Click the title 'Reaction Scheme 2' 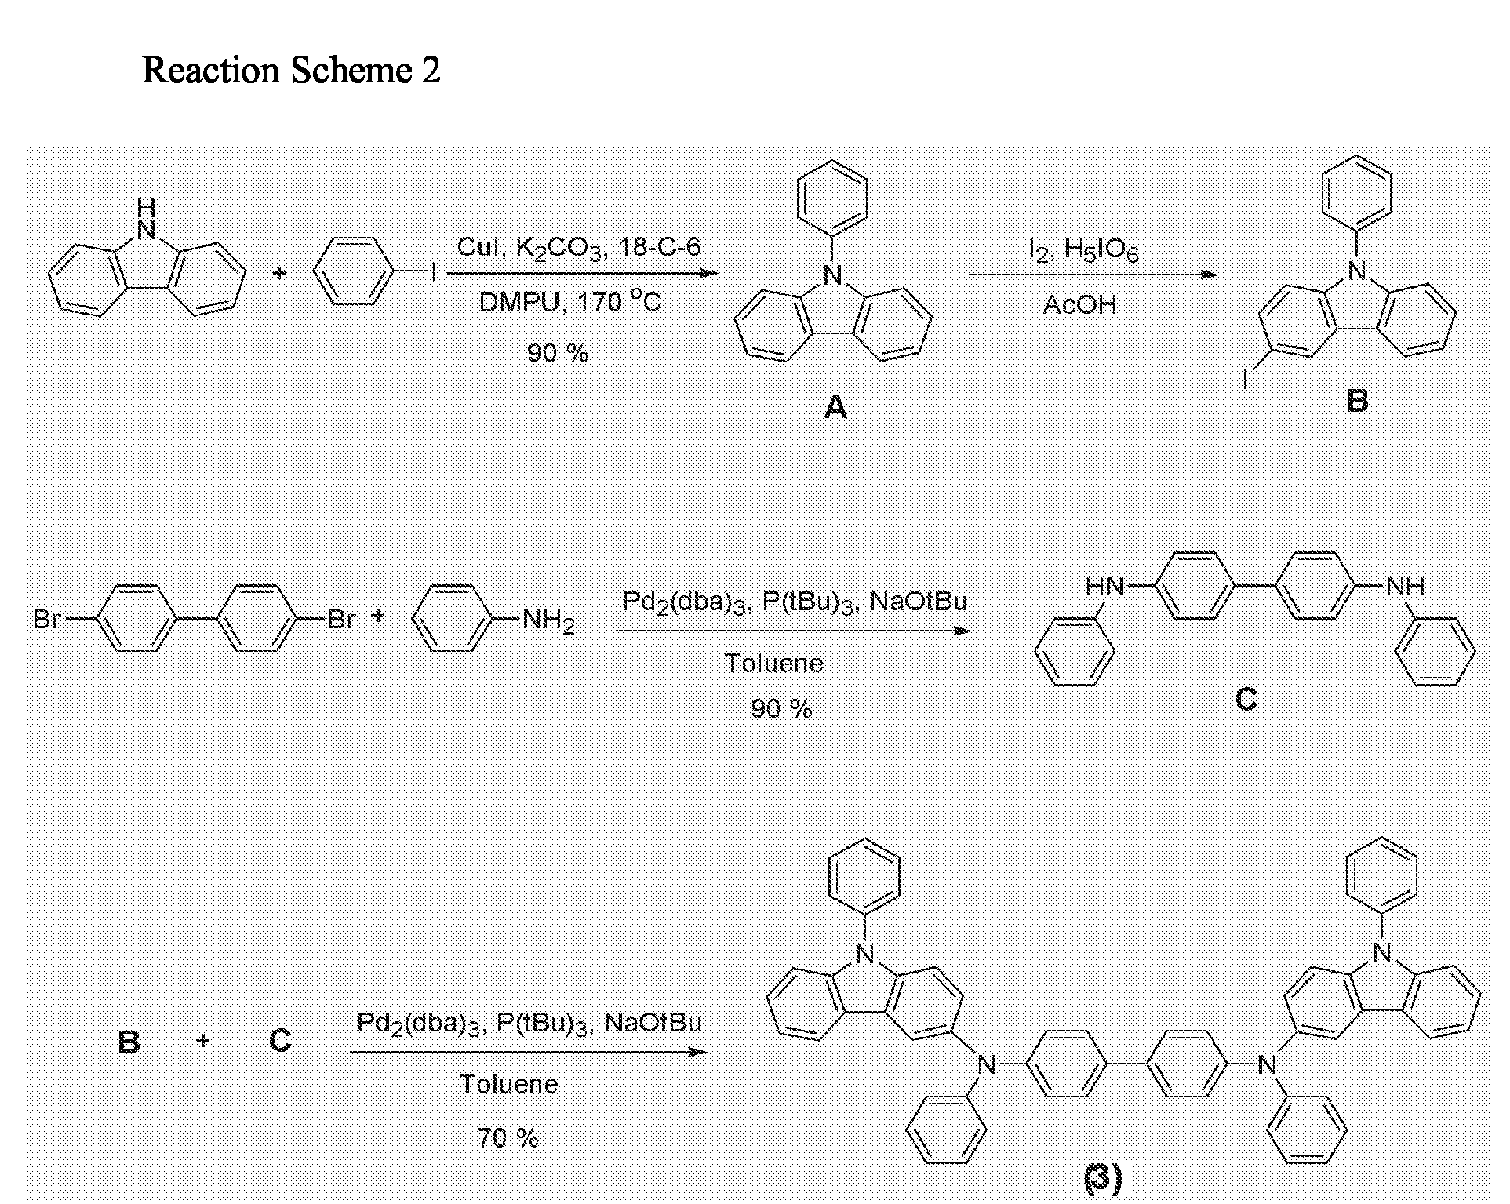point(291,71)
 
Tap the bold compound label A point(835,406)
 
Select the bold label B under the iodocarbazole point(1357,400)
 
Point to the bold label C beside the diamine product point(1246,697)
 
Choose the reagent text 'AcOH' point(1079,304)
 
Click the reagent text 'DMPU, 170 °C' point(570,301)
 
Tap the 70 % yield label point(508,1137)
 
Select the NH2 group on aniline point(548,620)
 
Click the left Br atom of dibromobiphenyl point(47,620)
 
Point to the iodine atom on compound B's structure point(1245,380)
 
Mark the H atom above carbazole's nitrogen point(146,207)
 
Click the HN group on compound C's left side point(1104,586)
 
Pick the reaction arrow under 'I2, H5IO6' point(1092,275)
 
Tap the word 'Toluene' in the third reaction point(508,1084)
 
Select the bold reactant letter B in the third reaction point(129,1042)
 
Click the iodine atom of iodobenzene point(433,274)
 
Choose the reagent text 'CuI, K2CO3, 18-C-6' point(579,248)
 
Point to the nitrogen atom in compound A point(833,275)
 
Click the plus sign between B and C point(203,1041)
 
